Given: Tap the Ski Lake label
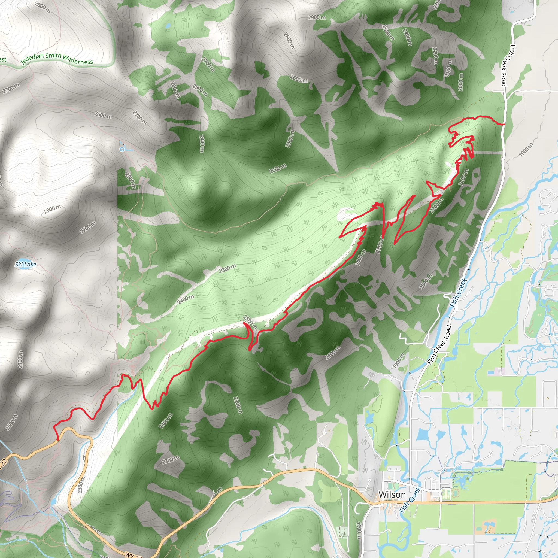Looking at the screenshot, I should (26, 264).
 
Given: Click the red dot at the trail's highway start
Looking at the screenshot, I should (58, 439).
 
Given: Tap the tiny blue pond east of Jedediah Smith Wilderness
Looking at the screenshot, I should (168, 26).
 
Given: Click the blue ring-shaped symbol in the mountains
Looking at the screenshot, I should (122, 149).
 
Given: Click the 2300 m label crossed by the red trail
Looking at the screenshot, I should (380, 244).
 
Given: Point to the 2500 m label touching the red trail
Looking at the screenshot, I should (250, 322).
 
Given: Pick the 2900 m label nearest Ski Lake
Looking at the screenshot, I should (53, 209).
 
